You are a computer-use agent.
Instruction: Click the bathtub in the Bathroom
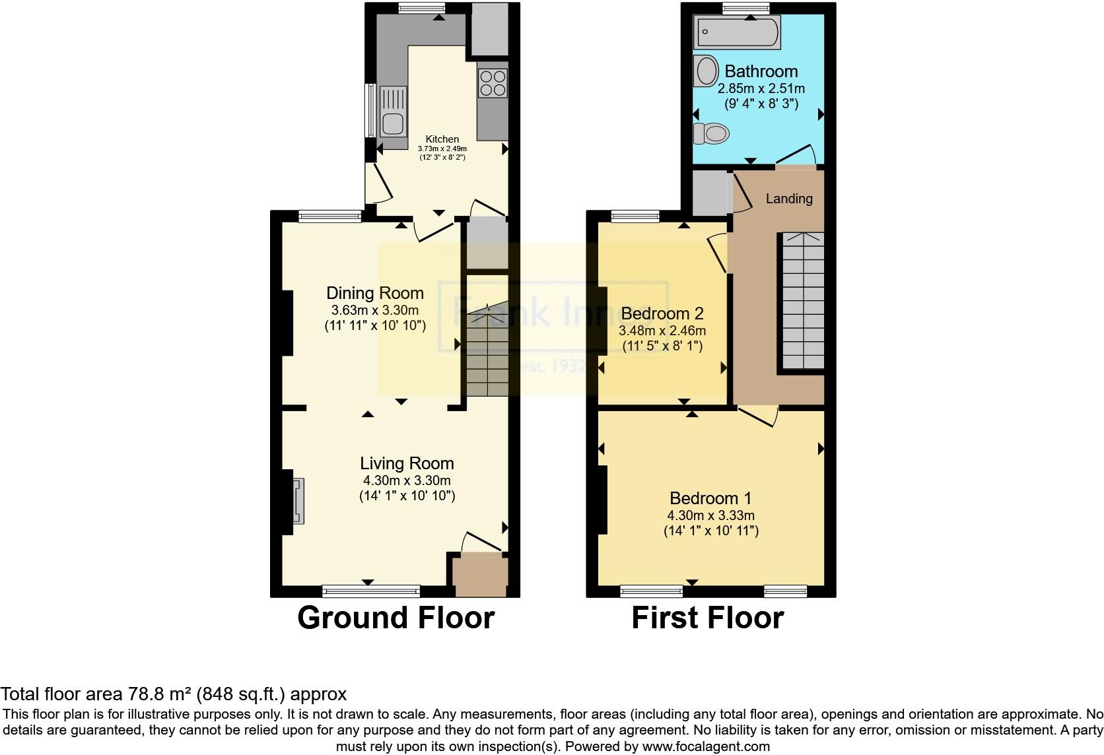(x=737, y=32)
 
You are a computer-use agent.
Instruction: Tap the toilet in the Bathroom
(x=711, y=134)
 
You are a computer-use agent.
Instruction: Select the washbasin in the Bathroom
(x=706, y=71)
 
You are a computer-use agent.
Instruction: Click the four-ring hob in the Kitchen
(x=493, y=83)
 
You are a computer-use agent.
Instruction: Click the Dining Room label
(x=375, y=293)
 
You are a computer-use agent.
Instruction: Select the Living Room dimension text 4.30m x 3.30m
(x=407, y=480)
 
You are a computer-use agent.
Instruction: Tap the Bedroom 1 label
(x=710, y=498)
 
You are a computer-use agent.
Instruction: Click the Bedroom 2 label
(x=662, y=313)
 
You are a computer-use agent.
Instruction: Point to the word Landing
(x=789, y=199)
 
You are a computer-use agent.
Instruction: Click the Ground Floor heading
(x=396, y=618)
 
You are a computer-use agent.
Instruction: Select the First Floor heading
(x=707, y=618)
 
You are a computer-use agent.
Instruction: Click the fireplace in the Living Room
(x=298, y=501)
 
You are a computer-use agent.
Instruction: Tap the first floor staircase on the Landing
(x=804, y=300)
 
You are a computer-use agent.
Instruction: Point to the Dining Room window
(x=329, y=215)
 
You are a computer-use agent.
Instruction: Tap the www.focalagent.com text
(x=706, y=746)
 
